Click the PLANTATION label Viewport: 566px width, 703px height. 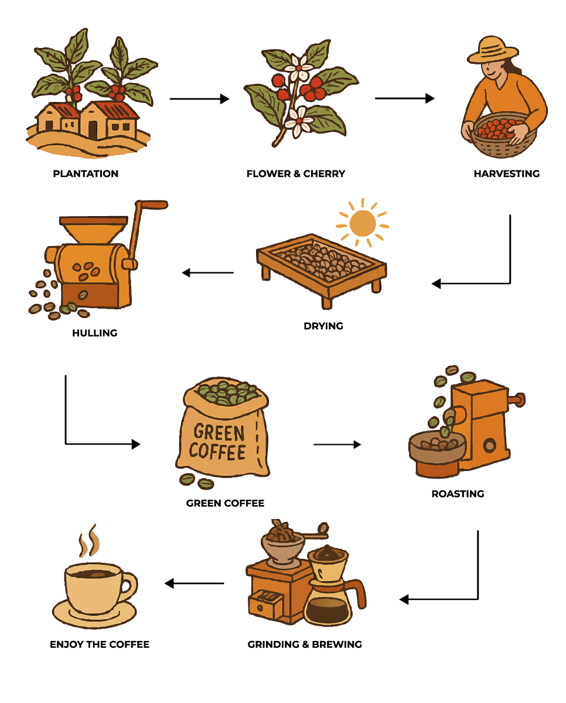click(x=86, y=173)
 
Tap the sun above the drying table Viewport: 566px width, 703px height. click(x=362, y=223)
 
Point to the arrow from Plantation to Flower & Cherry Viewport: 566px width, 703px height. click(x=199, y=99)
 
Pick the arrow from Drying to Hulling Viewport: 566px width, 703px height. click(x=208, y=272)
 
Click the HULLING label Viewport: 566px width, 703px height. click(x=95, y=333)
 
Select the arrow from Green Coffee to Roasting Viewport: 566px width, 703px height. click(x=337, y=445)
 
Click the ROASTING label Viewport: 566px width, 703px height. click(x=458, y=494)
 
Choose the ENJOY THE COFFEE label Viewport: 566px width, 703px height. click(x=100, y=644)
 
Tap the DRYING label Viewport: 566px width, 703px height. click(x=323, y=326)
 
